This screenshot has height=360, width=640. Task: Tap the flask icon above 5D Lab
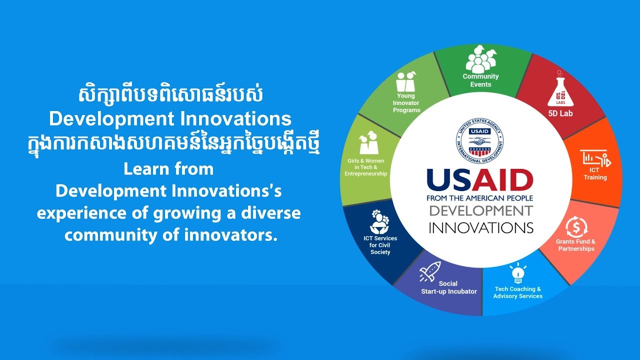click(560, 91)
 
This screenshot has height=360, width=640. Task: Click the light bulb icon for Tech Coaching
click(517, 273)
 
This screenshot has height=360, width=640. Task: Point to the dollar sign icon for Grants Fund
click(576, 227)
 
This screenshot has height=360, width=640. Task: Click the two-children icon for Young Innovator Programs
click(406, 81)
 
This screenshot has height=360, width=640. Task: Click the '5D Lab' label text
click(560, 113)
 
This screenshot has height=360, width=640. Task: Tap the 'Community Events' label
click(480, 80)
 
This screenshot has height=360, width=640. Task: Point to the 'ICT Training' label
click(595, 173)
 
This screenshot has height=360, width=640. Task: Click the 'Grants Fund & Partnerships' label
click(576, 245)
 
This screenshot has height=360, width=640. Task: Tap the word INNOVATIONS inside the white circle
click(480, 227)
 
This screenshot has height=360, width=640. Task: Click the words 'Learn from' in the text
click(168, 169)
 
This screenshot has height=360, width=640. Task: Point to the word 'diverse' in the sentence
click(271, 213)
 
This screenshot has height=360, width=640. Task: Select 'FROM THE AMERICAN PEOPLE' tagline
click(479, 198)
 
